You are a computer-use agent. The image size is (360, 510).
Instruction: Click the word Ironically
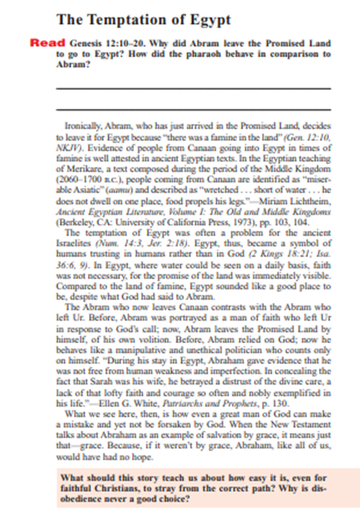[x=84, y=127]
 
